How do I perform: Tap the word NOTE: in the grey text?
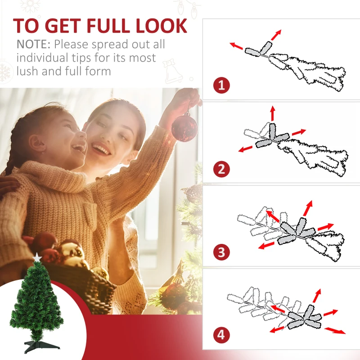[x=33, y=44]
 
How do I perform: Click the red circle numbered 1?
[x=221, y=85]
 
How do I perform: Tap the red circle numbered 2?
[x=221, y=169]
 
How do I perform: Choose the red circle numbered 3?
[x=221, y=252]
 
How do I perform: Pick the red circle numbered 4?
[x=221, y=335]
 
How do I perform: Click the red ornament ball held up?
[x=184, y=128]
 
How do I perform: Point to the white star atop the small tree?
[x=37, y=257]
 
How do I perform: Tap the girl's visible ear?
[x=37, y=144]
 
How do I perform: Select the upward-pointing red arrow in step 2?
[x=273, y=113]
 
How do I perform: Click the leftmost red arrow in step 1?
[x=236, y=46]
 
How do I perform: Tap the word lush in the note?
[x=27, y=71]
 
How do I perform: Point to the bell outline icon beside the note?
[x=172, y=71]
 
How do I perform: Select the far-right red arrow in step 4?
[x=335, y=331]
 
